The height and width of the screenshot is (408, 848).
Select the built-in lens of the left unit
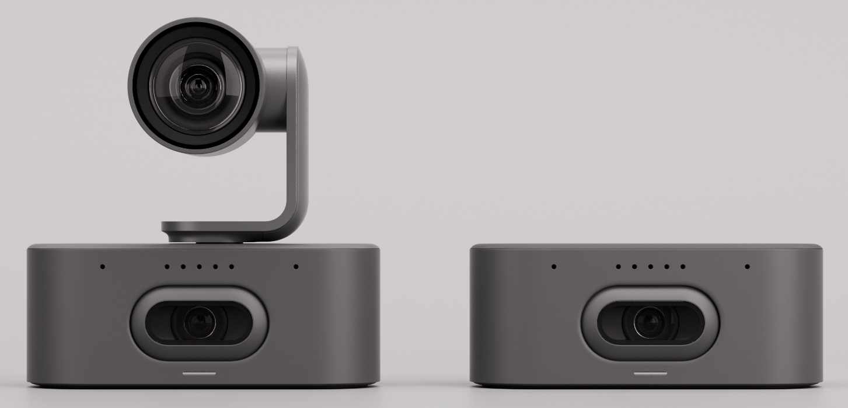tap(199, 323)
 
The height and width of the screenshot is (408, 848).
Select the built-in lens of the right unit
tap(650, 323)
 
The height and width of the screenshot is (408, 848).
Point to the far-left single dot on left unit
tap(102, 267)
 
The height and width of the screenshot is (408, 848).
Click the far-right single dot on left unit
tap(296, 267)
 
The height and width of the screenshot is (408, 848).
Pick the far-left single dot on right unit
tap(554, 267)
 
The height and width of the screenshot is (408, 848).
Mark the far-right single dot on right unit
tap(747, 267)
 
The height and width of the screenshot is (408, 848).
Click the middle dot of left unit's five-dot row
tap(199, 267)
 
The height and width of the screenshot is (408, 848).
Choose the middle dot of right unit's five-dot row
tap(650, 267)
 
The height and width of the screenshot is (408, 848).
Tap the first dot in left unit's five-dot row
tap(167, 267)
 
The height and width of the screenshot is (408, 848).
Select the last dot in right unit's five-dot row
tap(683, 267)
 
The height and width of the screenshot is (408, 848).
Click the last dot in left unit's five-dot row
tap(232, 267)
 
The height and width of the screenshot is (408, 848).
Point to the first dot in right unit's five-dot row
tap(618, 267)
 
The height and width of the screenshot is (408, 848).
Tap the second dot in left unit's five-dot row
tap(183, 267)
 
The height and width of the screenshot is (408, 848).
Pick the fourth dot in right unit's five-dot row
tap(666, 267)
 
